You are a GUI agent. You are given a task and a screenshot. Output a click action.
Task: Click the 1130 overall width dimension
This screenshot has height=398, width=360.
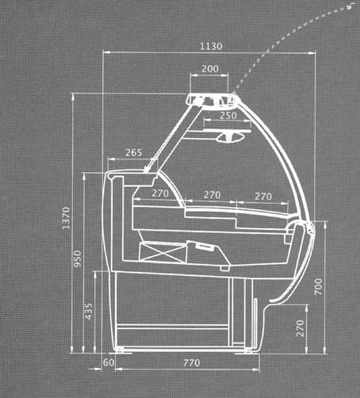pos(211,46)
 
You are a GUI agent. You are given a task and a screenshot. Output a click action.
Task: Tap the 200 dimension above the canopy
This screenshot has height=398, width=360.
pos(210,69)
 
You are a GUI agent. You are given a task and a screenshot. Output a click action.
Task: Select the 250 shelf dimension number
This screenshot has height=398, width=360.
pos(228,116)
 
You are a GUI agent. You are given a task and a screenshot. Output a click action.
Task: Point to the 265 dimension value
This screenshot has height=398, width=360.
pos(133,152)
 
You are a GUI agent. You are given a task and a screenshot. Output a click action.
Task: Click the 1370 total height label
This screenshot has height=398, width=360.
pos(66,218)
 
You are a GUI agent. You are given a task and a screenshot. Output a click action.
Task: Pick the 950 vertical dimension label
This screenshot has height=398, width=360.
pos(78,258)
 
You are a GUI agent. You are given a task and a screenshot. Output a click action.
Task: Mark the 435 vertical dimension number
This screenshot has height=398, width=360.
pos(89,312)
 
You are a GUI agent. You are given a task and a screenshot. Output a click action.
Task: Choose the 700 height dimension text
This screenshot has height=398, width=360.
pos(319,287)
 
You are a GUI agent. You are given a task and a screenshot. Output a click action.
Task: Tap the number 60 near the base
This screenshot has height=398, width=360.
pos(109,362)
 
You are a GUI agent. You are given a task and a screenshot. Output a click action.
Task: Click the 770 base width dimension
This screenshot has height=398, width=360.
pos(192,363)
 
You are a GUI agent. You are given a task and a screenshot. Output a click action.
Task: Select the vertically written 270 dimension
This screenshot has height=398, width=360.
pos(301,328)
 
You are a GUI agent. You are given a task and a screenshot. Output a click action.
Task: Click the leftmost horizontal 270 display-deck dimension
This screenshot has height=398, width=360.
pos(160,193)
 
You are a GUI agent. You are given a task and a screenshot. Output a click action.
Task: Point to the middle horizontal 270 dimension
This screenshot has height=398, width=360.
pos(212,195)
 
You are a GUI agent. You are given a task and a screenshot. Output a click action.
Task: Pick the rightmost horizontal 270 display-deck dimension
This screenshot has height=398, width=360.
pos(263,197)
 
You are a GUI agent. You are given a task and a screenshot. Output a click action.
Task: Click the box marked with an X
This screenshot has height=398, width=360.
pos(163,252)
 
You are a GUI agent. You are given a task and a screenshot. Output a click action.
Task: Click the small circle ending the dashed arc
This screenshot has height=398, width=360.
pos(350,7)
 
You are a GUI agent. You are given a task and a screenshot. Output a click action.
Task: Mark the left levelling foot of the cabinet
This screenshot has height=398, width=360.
pos(120,350)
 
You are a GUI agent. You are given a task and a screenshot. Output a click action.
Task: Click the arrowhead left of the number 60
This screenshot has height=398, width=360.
pos(98,369)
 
